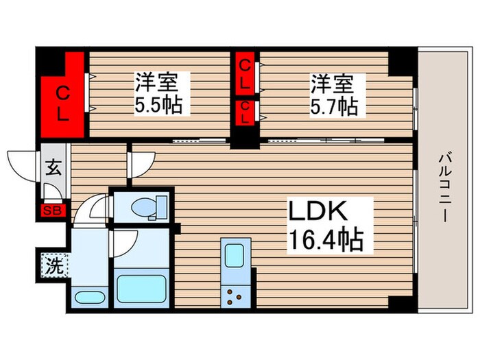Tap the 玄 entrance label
click(x=53, y=168)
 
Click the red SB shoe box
click(x=52, y=211)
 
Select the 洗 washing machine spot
click(x=53, y=265)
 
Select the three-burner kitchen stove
click(x=235, y=297)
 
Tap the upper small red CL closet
click(x=245, y=73)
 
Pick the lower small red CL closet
click(x=245, y=111)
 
